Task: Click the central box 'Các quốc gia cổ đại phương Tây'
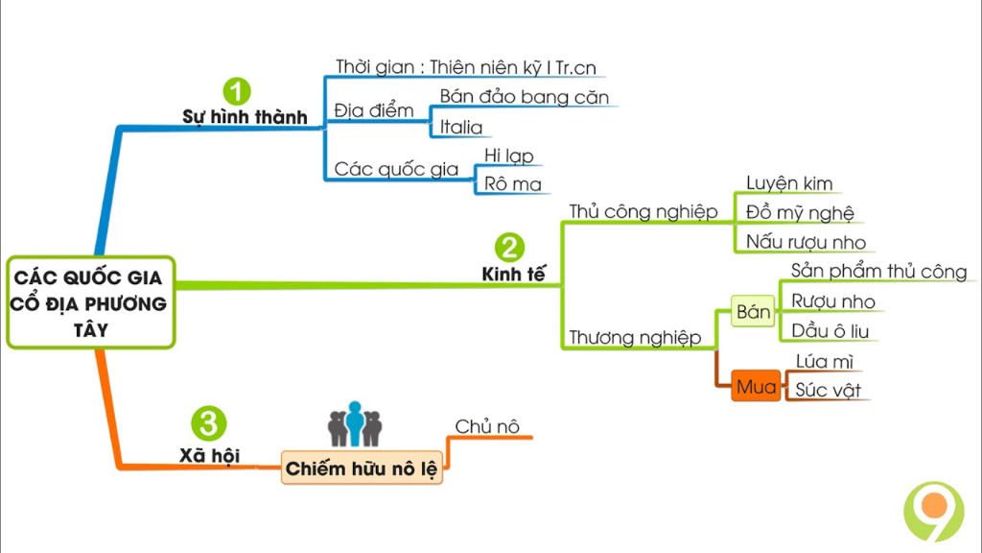90,302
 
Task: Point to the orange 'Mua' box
756,387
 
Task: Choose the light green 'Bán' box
753,312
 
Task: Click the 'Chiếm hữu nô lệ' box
362,469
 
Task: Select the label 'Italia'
461,127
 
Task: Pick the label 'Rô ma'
512,183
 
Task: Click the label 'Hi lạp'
508,155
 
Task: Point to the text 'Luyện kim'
788,182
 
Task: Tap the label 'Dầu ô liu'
830,330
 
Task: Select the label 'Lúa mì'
824,361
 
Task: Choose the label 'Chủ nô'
487,426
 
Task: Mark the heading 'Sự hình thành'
245,117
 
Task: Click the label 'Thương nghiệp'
634,337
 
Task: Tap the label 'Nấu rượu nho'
806,242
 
